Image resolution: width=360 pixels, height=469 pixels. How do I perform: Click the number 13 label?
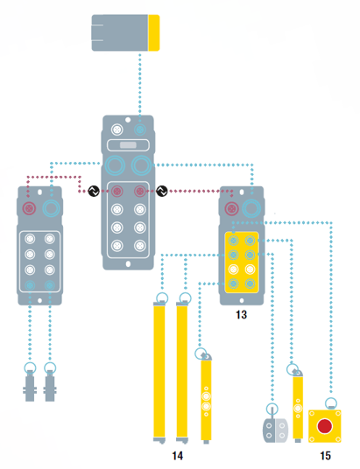click(x=241, y=315)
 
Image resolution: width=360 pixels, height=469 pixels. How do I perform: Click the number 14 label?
click(x=177, y=456)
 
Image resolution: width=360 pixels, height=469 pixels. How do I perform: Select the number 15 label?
click(x=325, y=456)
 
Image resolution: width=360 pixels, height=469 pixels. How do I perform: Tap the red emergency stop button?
click(x=325, y=426)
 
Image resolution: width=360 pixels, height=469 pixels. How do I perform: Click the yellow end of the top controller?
click(x=154, y=32)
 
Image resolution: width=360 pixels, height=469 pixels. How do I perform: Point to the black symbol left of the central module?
click(x=94, y=191)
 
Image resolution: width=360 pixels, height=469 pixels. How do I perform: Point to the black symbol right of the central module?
click(x=162, y=191)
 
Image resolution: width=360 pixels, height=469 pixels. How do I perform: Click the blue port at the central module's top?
click(x=139, y=129)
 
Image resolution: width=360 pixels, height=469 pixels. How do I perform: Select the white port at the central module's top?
click(x=117, y=129)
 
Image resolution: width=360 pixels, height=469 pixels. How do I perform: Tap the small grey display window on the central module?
click(x=128, y=145)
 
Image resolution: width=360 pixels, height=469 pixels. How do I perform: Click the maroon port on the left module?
click(x=30, y=208)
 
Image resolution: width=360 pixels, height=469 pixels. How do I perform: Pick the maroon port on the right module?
click(x=231, y=208)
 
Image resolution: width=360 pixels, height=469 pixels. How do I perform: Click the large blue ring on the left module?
click(x=51, y=208)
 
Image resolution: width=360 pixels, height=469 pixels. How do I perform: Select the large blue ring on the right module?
click(x=251, y=208)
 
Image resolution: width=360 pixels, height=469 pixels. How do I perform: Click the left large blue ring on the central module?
click(x=115, y=165)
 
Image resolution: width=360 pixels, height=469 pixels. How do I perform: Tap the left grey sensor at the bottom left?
click(x=30, y=385)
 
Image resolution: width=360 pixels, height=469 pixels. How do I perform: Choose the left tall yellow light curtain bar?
click(x=159, y=373)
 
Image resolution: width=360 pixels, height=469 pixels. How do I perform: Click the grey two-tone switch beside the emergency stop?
click(x=275, y=430)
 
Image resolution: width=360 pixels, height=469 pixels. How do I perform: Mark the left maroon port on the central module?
click(x=117, y=191)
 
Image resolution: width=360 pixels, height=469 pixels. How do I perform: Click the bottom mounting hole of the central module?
click(x=128, y=264)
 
